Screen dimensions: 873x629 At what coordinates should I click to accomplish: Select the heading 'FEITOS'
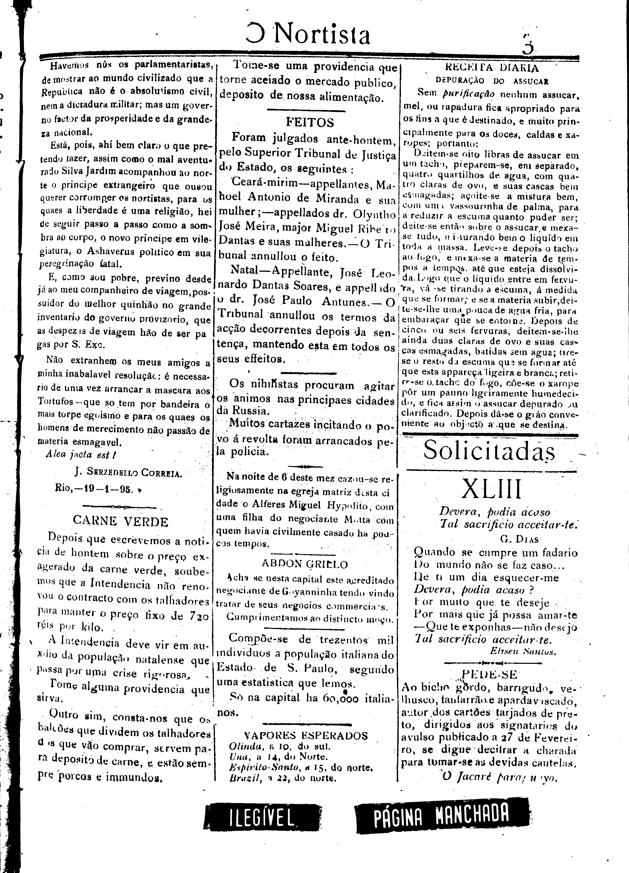[310, 122]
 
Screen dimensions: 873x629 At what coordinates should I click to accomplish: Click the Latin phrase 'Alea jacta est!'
[81, 455]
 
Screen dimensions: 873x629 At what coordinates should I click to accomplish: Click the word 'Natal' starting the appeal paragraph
[243, 271]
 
